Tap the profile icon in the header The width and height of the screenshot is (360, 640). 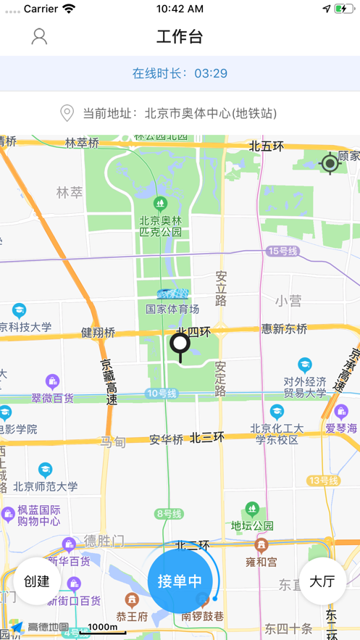tap(39, 36)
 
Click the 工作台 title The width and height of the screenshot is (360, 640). tap(180, 36)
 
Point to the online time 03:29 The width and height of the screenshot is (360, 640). tap(211, 73)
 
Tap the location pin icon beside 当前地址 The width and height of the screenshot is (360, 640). tap(67, 113)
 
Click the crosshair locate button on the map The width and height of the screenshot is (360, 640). tap(330, 163)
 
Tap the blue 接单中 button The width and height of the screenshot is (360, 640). tap(180, 581)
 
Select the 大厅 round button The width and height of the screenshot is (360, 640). tap(322, 581)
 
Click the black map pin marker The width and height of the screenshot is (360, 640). tap(180, 346)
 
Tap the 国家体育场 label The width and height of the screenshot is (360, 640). tap(172, 309)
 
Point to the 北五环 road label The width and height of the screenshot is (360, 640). tap(267, 146)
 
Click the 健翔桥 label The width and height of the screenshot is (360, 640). tap(98, 332)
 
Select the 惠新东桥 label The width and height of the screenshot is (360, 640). tap(285, 328)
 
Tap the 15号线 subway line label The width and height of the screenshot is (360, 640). tap(282, 251)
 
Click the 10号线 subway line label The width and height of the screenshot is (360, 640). tap(161, 394)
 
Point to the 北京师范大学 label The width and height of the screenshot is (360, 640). tap(45, 486)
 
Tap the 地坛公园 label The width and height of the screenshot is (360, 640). tap(252, 525)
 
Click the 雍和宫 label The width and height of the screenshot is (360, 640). tap(261, 561)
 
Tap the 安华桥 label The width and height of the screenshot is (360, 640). tap(167, 439)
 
